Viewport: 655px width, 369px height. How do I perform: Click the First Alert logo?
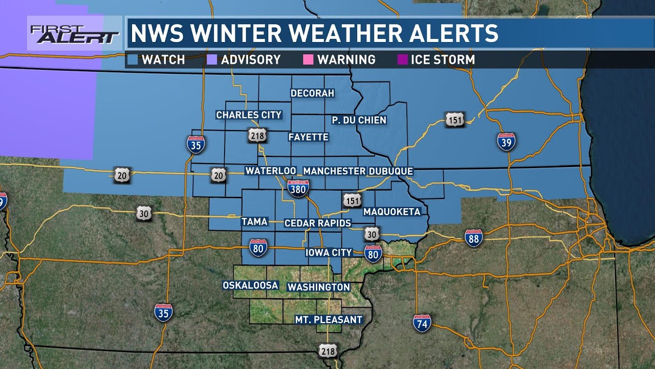(74, 34)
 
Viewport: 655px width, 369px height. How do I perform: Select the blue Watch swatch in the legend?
(134, 59)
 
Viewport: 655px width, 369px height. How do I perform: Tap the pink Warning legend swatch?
(308, 59)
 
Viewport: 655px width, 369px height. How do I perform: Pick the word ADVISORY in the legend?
(251, 59)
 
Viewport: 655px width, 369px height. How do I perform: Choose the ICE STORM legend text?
(443, 59)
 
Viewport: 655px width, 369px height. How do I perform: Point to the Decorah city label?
(312, 93)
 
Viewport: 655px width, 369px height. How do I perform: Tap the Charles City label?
(249, 115)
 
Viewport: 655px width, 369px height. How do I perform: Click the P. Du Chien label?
(359, 120)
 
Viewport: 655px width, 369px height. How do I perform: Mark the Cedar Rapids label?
(318, 223)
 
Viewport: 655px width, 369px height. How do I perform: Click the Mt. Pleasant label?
(329, 320)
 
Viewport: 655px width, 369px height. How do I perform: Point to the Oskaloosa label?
(250, 285)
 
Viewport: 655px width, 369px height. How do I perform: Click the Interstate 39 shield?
(506, 141)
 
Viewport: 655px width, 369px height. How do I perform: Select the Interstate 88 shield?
(474, 238)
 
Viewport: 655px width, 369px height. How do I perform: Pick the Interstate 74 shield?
(422, 322)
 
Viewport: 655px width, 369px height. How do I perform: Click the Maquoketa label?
(391, 212)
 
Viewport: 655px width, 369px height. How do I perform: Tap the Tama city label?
(254, 221)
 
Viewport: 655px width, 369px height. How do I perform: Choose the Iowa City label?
(329, 252)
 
